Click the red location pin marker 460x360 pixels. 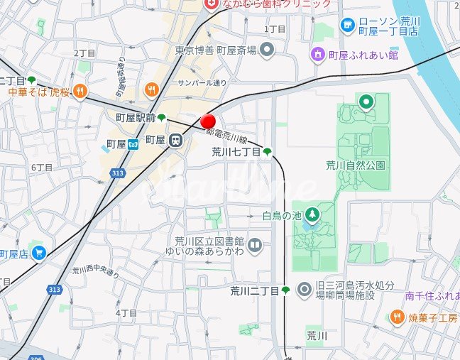point(208,121)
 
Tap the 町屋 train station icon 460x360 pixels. point(175,141)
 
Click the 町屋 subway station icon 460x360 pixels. point(133,144)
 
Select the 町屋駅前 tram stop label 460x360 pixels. point(136,117)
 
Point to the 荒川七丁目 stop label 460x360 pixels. point(236,151)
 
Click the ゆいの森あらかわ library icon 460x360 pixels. point(256,246)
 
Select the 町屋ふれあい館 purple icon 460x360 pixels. point(318,54)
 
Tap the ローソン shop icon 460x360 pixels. point(347,26)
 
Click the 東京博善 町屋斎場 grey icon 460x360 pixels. point(267,50)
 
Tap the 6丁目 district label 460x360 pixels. point(42,168)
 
